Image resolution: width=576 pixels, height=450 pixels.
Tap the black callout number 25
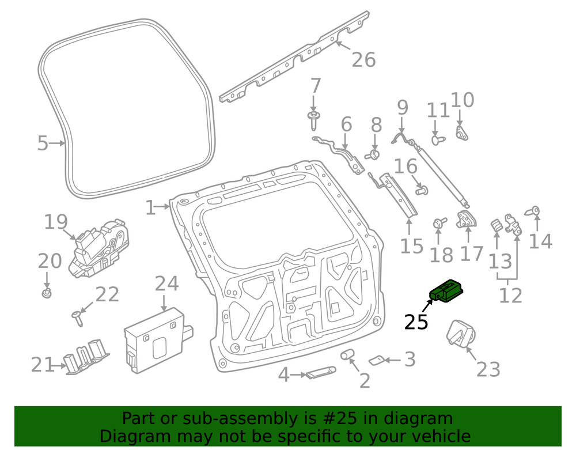(416, 322)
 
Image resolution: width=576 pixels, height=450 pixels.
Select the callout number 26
(363, 59)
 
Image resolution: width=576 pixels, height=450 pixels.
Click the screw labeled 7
(313, 122)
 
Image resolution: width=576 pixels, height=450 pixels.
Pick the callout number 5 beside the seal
(42, 143)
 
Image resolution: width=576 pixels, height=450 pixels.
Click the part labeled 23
(461, 334)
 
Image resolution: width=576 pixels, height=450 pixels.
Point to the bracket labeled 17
(467, 220)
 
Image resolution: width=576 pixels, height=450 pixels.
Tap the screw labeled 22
(77, 316)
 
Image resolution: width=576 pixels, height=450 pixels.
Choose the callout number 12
(510, 295)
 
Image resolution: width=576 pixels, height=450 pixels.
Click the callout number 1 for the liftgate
(150, 207)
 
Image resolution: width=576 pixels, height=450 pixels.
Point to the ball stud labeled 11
(437, 139)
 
